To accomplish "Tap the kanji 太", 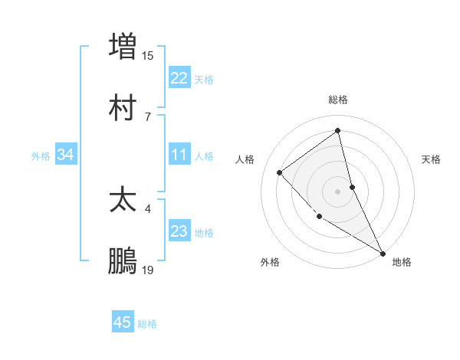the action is point(123,201).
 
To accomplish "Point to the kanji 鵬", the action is point(123,262).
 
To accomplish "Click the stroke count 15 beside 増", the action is point(148,55).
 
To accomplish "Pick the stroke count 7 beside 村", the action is point(148,116).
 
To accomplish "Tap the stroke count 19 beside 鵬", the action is point(148,270).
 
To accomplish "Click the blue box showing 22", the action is point(179,78).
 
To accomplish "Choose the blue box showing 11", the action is point(179,155).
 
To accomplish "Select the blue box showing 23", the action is point(179,231).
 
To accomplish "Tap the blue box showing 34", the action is point(65,155).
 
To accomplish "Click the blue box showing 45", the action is point(123,322).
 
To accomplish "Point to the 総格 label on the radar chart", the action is point(338,100).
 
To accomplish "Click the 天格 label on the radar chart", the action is point(432,159).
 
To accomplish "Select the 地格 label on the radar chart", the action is point(402,262).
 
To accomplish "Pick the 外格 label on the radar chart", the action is point(270,262).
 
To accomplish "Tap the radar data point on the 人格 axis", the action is point(280,172).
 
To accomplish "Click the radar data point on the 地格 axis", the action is point(382,252).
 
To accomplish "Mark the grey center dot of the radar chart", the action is point(337,191).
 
